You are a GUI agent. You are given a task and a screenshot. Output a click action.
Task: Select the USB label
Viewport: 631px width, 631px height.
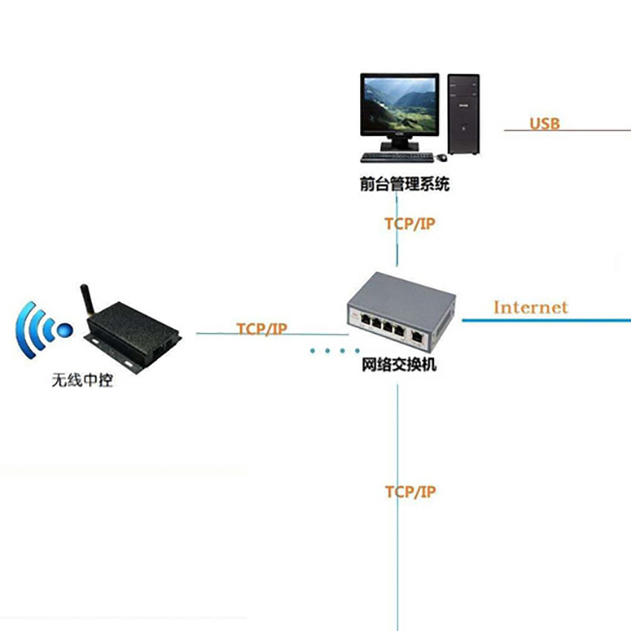point(545,123)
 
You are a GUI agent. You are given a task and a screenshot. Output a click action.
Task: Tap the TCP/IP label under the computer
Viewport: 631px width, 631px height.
point(410,224)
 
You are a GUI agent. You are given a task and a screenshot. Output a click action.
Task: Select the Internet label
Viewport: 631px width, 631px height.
point(530,308)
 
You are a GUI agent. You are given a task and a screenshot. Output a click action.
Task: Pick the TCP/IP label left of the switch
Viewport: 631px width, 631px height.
point(262,329)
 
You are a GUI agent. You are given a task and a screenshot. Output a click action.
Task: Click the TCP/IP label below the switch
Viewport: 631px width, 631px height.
point(410,492)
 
